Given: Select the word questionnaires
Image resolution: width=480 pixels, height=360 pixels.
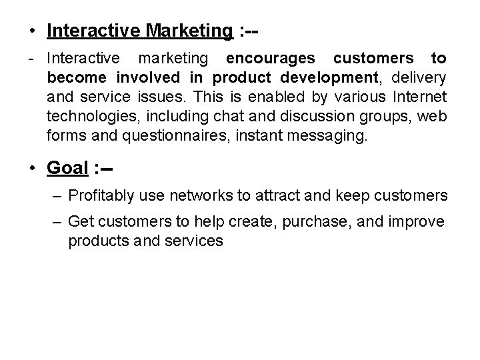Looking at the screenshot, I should (165, 137).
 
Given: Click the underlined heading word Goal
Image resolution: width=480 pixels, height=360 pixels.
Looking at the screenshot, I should (67, 168).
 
